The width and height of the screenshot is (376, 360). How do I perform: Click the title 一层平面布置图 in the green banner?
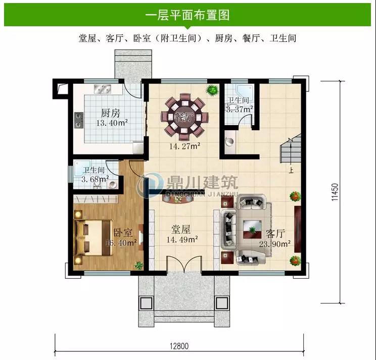(x=187, y=15)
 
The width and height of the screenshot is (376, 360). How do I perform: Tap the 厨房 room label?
(x=110, y=113)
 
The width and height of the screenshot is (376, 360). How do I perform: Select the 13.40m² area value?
(x=112, y=123)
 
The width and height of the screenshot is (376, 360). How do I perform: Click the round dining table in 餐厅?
(x=184, y=117)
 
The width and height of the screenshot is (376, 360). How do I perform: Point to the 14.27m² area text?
(x=185, y=146)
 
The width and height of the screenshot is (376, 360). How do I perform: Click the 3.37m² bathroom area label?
(x=240, y=110)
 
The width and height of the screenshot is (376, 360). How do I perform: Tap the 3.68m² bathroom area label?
(x=95, y=179)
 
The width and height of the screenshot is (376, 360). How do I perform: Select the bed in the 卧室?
(x=94, y=237)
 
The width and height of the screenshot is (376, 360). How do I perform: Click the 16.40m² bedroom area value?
(x=121, y=243)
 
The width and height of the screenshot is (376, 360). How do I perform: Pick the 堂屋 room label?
(x=181, y=229)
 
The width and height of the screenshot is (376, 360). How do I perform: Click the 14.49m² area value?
(x=182, y=239)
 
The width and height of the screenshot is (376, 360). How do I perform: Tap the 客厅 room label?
(x=275, y=234)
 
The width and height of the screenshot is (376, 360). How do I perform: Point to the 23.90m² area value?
(x=275, y=244)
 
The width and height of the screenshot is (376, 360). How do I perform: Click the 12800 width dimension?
(x=179, y=346)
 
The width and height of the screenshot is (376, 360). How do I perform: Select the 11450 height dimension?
(x=335, y=192)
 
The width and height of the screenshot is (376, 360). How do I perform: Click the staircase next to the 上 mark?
(x=291, y=148)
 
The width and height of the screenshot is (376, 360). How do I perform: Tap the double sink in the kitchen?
(x=103, y=89)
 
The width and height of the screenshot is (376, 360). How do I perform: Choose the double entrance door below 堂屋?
(x=184, y=265)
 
